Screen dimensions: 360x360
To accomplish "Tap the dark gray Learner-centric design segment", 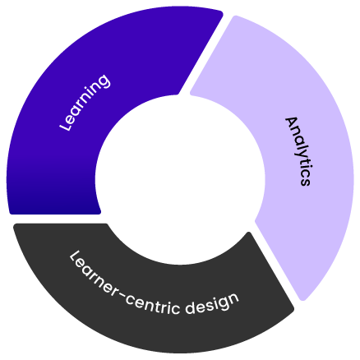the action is pyautogui.click(x=154, y=310).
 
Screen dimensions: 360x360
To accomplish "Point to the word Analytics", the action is pyautogui.click(x=298, y=151).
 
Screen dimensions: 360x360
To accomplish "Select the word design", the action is pyautogui.click(x=212, y=303).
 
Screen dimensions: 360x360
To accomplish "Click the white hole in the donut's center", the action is pyautogui.click(x=180, y=179).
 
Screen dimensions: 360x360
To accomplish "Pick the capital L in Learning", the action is pyautogui.click(x=65, y=125).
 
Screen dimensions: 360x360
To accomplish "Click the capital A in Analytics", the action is pyautogui.click(x=292, y=123).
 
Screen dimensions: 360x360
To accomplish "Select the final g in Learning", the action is pyautogui.click(x=104, y=81).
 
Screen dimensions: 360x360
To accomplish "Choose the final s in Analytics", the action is pyautogui.click(x=305, y=182).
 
